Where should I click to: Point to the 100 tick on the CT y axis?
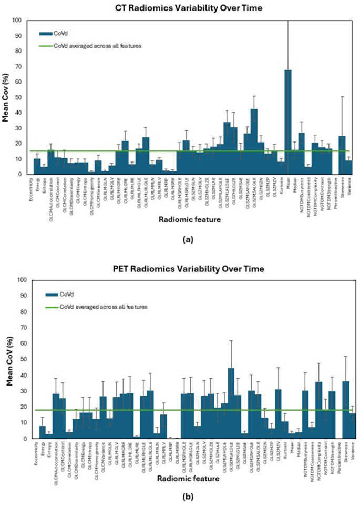pos(17,21)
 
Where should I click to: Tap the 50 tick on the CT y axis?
pos(18,97)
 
